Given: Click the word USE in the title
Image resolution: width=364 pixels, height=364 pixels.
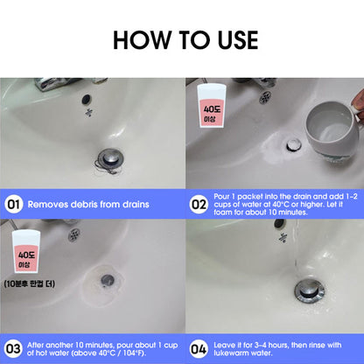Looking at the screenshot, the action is point(238,40).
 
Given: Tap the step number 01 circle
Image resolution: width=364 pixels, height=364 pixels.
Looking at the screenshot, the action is point(13,204).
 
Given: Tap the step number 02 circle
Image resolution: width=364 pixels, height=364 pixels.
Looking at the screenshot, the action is point(199,204).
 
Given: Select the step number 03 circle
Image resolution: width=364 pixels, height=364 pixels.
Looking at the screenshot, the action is point(13,349).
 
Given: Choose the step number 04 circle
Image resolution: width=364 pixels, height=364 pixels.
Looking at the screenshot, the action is point(199,349).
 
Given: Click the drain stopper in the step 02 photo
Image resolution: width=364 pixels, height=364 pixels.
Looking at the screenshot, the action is point(293,144).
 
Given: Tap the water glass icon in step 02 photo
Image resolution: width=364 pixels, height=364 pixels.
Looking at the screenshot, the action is point(212,106).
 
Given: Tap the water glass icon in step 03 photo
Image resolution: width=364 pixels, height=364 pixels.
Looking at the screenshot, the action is point(26,251).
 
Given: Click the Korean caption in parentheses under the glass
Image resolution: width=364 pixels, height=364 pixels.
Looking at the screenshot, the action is point(29,283).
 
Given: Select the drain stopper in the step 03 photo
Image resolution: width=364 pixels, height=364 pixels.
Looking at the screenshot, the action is point(108,280).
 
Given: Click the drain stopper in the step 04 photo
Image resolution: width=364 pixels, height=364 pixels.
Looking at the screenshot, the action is point(309,291).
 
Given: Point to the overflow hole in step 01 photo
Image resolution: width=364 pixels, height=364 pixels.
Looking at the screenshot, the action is point(87,99).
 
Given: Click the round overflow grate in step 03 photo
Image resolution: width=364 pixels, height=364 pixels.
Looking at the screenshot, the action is point(74,234).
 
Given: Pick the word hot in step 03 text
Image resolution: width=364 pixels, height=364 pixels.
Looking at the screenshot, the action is point(41,353).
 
